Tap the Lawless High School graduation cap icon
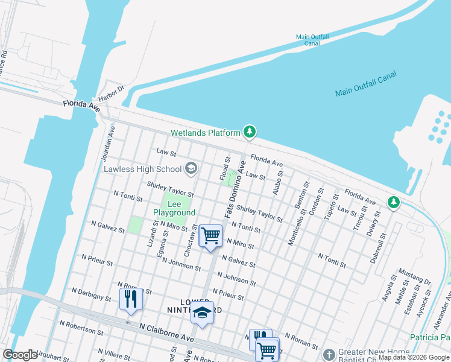tap(191, 168)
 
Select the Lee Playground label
tap(174, 208)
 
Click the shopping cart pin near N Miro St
tap(210, 235)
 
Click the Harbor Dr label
tap(112, 93)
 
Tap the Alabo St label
tap(278, 180)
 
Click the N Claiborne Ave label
tap(166, 331)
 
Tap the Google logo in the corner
tap(20, 355)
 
